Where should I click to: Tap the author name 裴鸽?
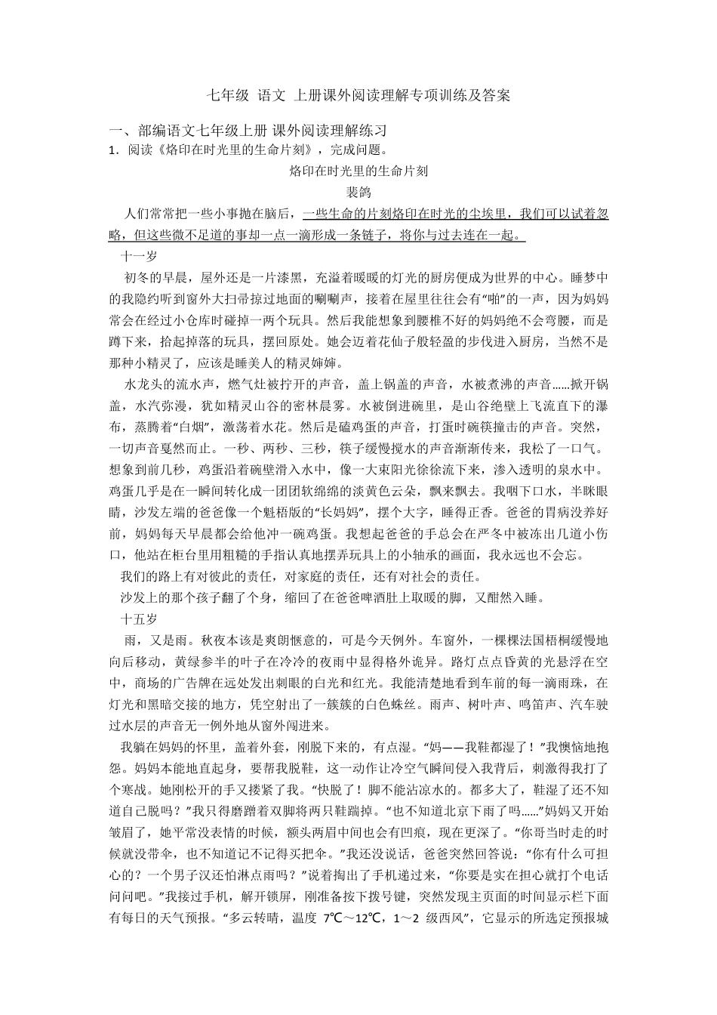click(x=358, y=192)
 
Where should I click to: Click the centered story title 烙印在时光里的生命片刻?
click(x=358, y=171)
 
